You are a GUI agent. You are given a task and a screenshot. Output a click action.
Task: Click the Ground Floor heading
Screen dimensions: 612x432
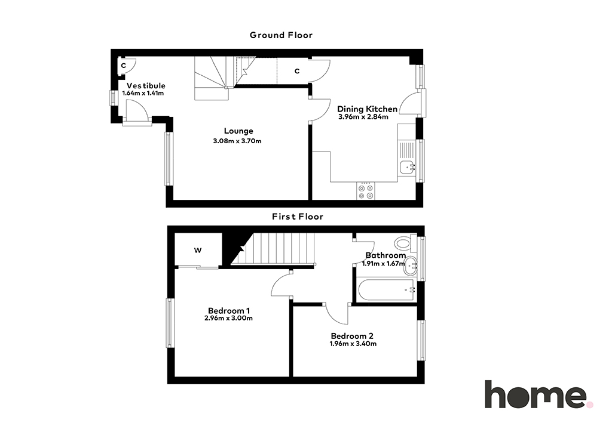(x=281, y=35)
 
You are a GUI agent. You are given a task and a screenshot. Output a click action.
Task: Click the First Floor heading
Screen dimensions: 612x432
(x=298, y=217)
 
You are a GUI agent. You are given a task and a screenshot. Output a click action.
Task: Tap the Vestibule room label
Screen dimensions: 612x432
(x=146, y=86)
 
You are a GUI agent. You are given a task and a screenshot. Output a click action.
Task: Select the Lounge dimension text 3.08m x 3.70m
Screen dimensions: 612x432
(x=237, y=141)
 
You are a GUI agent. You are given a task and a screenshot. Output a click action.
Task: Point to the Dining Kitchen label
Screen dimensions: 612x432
(x=368, y=109)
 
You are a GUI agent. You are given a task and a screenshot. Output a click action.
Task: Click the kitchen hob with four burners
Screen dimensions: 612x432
(x=366, y=192)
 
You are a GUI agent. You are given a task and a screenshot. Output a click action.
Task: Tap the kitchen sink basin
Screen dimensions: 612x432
(x=408, y=167)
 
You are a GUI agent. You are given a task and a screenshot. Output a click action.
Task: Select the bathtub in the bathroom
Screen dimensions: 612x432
(x=386, y=290)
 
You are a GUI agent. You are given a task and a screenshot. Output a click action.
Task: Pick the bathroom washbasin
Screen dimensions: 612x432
(x=410, y=267)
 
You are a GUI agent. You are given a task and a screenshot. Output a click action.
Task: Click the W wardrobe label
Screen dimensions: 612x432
(x=198, y=251)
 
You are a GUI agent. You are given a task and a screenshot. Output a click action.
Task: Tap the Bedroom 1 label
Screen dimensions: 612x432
(x=229, y=311)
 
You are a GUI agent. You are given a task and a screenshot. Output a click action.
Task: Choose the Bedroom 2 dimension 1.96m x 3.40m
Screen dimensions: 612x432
(x=353, y=344)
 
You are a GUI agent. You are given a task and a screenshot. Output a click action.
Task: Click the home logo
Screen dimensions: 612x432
(x=538, y=394)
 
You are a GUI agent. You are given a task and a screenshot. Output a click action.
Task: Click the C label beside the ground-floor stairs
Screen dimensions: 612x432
(x=297, y=71)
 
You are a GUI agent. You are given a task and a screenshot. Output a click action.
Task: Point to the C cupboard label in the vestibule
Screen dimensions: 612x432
(x=123, y=66)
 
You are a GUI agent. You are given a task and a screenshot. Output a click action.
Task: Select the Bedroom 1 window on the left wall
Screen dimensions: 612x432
(x=170, y=323)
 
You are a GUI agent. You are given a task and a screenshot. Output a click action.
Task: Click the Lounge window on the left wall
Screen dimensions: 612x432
(x=169, y=159)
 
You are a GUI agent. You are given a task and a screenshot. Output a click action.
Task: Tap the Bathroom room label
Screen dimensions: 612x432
(x=385, y=255)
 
